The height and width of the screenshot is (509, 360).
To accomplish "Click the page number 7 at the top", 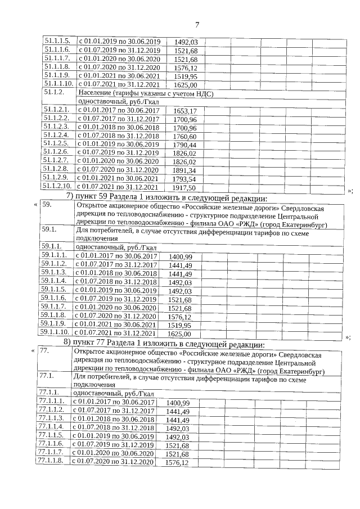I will point(197,24).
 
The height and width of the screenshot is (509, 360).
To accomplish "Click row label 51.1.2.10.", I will point(58,187).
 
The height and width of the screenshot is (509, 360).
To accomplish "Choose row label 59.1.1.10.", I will point(55,333).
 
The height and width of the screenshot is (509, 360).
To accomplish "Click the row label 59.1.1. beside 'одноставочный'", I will point(51,247).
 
